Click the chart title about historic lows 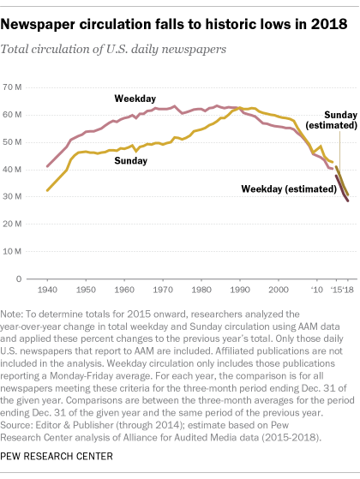177,20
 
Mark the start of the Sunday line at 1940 47,190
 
